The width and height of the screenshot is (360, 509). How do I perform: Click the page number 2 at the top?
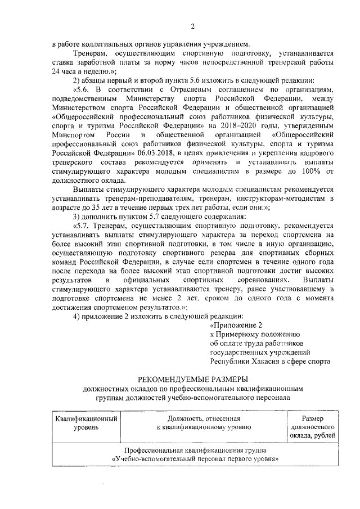coord(192,26)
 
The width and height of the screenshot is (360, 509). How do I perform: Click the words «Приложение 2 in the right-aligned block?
coord(236,325)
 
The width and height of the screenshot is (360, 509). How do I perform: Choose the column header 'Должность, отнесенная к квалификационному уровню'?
coord(203,423)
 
